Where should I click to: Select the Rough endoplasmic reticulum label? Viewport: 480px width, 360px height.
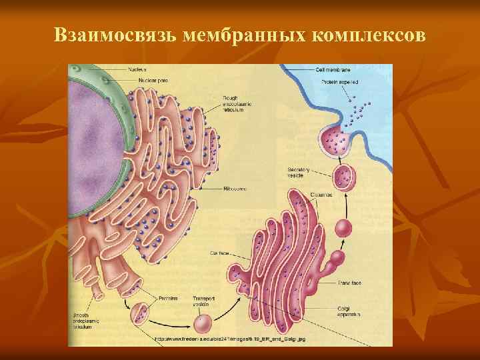(x=233, y=104)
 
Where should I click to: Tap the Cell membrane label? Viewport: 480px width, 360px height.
(x=333, y=69)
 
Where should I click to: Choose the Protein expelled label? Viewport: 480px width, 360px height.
(x=340, y=81)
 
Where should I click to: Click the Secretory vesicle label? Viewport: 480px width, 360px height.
(x=297, y=173)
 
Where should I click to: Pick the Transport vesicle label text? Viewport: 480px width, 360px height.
(x=204, y=301)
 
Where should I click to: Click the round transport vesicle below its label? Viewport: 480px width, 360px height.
(x=203, y=325)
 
